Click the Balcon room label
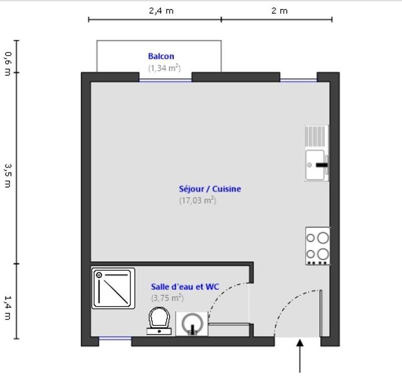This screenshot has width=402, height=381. coord(161,56)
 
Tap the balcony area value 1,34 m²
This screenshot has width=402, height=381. coord(164,67)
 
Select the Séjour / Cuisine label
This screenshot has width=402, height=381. coord(210,189)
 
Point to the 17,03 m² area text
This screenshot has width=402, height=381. coord(197,200)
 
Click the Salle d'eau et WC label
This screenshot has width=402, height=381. coord(185,287)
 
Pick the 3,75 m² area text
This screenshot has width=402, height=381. coord(167,298)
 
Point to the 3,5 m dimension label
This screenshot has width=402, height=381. coord(7,174)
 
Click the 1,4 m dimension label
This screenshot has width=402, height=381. coord(7,308)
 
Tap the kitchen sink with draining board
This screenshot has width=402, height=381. coord(317,152)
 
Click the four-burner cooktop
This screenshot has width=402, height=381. coord(318,246)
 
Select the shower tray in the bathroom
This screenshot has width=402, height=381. coord(114,288)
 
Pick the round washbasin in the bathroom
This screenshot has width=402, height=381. coord(191,323)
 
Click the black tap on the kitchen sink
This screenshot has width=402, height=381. coord(322,164)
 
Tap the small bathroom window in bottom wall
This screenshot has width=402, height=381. coord(115,339)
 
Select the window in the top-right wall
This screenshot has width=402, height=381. coord(298,80)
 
